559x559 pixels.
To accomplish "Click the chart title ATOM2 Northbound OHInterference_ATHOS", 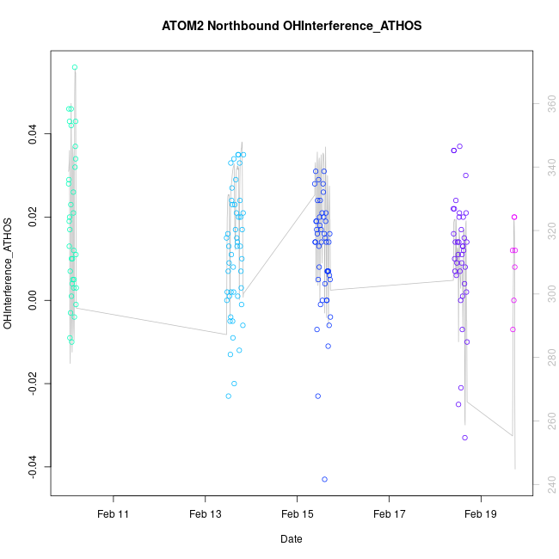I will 292,26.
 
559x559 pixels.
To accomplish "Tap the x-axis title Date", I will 291,539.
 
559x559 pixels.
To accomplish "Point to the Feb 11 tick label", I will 113,514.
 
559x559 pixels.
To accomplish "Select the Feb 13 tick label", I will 205,514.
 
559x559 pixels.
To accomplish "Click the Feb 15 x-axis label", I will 297,514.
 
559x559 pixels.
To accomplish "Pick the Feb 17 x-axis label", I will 389,514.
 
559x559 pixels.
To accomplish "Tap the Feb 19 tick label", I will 480,514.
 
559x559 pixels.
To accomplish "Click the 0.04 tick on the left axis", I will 33,133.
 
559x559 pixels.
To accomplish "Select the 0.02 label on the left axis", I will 33,217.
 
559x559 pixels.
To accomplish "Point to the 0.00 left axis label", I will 33,300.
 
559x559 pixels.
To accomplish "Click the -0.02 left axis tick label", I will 33,383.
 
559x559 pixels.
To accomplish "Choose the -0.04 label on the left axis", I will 33,466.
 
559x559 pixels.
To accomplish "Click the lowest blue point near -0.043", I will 325,479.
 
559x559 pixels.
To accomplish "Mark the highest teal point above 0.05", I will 75,67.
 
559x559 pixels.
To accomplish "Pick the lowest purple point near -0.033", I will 464,438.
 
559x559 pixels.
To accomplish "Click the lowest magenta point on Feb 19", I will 513,329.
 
